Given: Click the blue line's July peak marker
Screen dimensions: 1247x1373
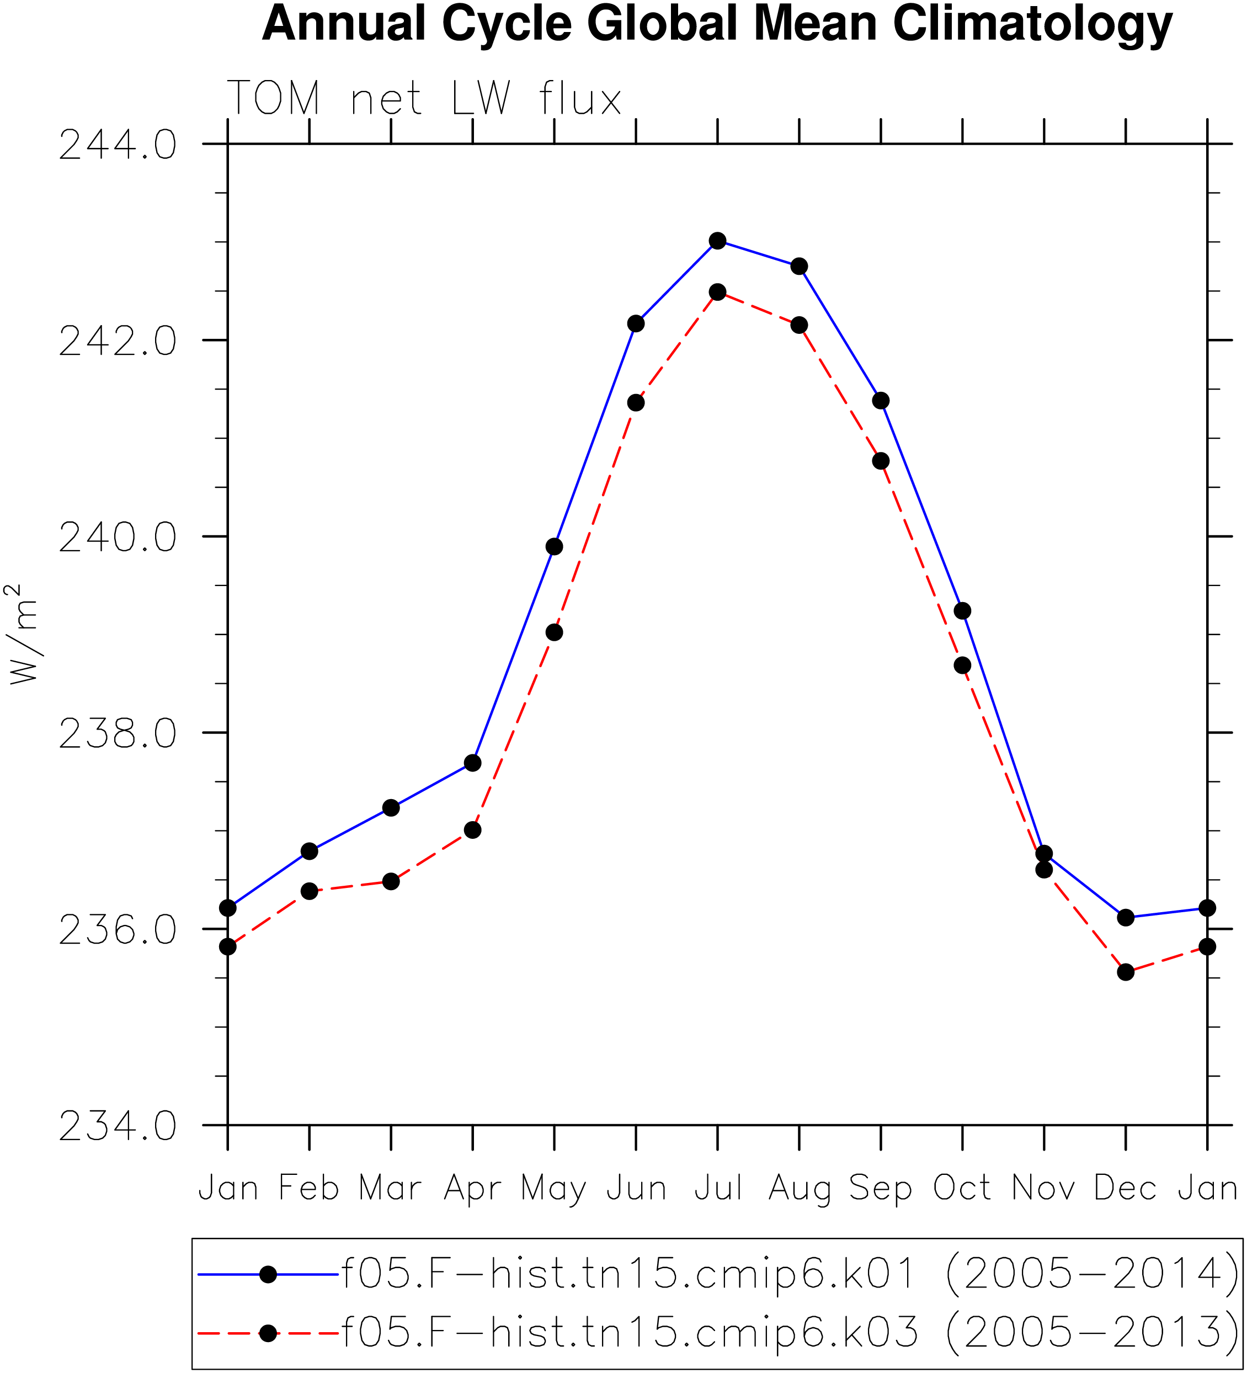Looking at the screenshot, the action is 717,241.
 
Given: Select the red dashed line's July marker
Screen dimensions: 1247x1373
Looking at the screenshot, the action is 717,291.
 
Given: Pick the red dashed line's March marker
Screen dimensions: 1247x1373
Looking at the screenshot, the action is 391,881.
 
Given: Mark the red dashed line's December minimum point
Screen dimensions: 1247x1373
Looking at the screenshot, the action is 1126,972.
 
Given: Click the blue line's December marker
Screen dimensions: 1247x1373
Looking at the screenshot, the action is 1126,917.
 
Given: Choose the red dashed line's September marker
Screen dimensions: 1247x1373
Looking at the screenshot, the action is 881,461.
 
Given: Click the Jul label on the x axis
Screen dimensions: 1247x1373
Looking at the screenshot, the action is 718,1189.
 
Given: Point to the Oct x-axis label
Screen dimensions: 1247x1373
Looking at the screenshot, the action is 962,1189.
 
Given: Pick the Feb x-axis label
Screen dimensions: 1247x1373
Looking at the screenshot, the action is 309,1189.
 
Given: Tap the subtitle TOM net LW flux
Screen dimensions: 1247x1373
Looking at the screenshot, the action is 424,97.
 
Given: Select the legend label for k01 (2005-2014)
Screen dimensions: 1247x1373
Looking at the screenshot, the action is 790,1274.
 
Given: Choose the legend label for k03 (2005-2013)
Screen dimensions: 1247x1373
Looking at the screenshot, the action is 790,1332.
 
